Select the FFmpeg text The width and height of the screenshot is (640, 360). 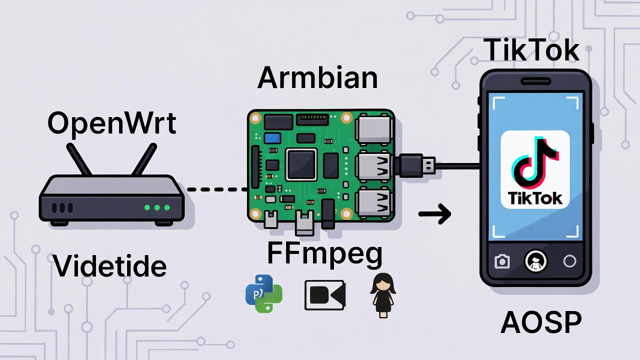(x=324, y=253)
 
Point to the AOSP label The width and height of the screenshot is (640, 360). (x=541, y=322)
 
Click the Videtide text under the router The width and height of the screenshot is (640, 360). (x=109, y=266)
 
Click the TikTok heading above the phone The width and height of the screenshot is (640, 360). (x=531, y=50)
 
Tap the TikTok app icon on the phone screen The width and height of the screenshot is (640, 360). (x=535, y=169)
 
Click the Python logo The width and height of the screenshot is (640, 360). (x=264, y=295)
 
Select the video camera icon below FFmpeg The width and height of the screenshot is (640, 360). (x=324, y=295)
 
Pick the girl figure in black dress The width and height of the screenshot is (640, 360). (x=382, y=295)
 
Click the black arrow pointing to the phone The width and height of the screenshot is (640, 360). (x=434, y=214)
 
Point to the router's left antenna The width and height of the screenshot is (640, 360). (x=78, y=159)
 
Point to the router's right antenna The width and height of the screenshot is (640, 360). (x=145, y=159)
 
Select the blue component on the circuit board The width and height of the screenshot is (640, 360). (x=272, y=138)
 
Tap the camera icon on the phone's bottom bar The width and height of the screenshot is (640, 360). (x=502, y=261)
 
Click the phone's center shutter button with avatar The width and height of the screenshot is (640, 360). (x=535, y=261)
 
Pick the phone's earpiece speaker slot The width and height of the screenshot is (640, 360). (x=535, y=81)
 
